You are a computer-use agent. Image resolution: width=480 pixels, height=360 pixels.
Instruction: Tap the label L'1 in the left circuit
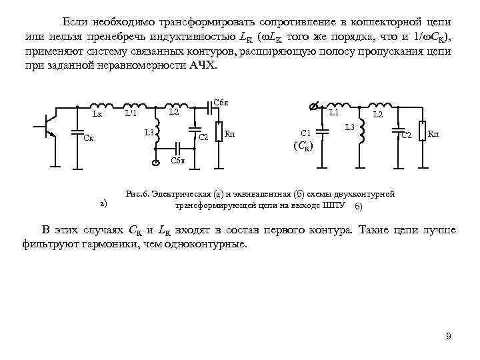[x=131, y=113]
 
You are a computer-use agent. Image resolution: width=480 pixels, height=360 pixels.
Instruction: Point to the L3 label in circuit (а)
[x=149, y=133]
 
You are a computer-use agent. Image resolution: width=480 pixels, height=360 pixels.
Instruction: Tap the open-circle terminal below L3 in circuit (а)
[x=155, y=163]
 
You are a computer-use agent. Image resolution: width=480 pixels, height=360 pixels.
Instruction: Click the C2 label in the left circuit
[x=204, y=138]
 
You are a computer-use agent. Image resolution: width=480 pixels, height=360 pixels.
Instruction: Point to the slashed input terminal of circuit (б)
[x=315, y=105]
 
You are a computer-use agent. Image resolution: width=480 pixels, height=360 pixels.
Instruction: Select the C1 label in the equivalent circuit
[x=306, y=133]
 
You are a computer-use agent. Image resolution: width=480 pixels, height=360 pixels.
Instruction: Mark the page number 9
[x=449, y=336]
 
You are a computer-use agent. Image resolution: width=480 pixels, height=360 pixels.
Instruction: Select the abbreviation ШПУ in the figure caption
[x=333, y=205]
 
